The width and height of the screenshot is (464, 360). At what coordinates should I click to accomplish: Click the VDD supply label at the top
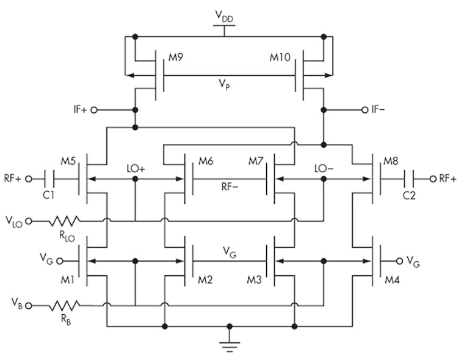click(x=225, y=16)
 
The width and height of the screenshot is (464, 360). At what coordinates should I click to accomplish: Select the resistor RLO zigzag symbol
click(x=65, y=220)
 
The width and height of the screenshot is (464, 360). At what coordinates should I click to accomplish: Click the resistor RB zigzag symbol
click(x=65, y=304)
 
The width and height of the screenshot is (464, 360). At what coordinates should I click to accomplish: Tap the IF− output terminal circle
click(x=365, y=110)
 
